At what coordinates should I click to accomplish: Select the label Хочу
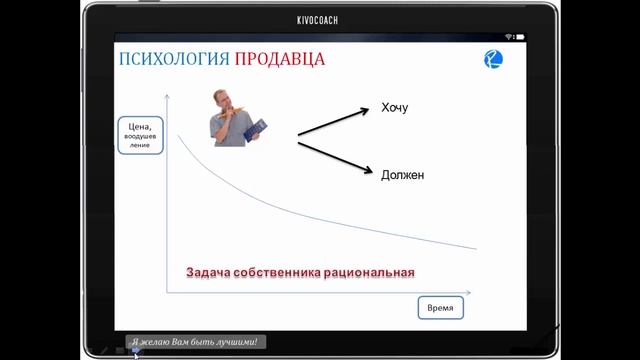(395, 108)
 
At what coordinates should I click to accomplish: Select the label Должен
(402, 174)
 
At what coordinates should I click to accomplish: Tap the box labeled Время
(440, 308)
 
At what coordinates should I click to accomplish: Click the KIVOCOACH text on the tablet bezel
(319, 17)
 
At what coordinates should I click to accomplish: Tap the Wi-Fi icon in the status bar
(508, 36)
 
